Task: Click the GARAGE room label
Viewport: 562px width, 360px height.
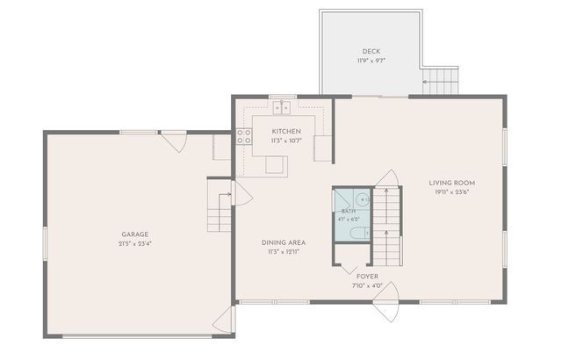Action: [x=134, y=234]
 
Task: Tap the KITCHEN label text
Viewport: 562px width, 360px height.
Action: [x=286, y=131]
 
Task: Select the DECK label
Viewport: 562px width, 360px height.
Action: [x=371, y=51]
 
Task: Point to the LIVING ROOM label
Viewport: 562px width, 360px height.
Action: [x=452, y=183]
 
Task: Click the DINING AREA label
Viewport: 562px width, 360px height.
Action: [x=284, y=242]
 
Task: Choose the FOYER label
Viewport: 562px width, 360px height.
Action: [x=367, y=277]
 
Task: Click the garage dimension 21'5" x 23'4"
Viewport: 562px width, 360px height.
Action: [x=134, y=243]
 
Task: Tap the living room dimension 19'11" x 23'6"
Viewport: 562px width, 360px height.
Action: [x=452, y=192]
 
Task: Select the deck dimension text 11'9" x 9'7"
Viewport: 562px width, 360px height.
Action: [x=371, y=61]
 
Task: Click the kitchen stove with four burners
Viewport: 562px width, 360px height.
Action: [x=244, y=136]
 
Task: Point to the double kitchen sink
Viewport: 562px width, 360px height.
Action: [x=282, y=107]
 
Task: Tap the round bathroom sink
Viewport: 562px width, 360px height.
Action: [x=363, y=198]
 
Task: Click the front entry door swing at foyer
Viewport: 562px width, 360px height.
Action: [x=390, y=302]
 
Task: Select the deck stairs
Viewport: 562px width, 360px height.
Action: [x=441, y=82]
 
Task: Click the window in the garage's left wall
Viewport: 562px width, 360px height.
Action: [x=45, y=243]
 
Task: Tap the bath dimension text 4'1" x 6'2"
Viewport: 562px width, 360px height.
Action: [x=349, y=220]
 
